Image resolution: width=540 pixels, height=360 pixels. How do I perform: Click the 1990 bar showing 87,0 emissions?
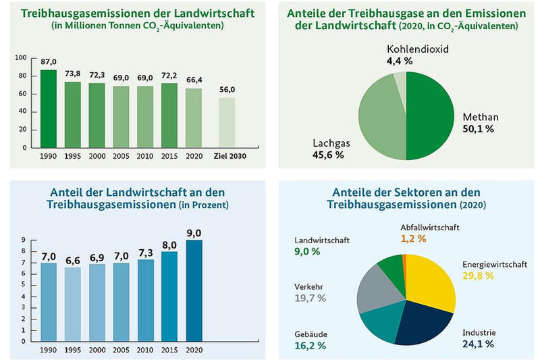pos(49,108)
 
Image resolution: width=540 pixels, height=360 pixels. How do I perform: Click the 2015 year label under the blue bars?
pos(169,351)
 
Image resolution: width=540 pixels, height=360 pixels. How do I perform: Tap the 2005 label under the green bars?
pos(122,157)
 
